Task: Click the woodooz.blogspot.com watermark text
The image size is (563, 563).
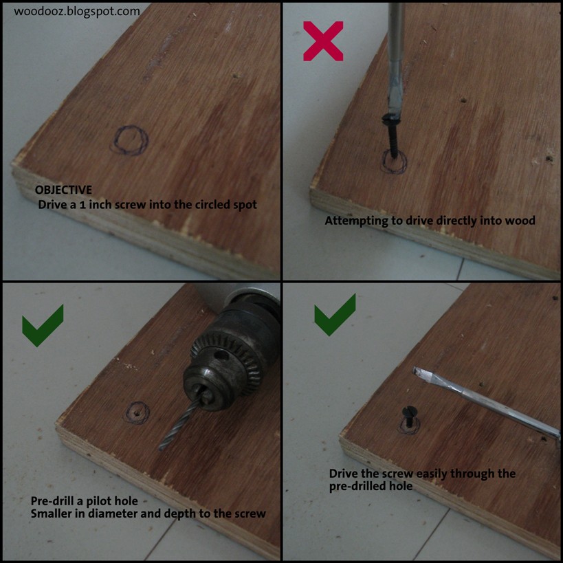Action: [77, 12]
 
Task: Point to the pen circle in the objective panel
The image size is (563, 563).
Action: [131, 140]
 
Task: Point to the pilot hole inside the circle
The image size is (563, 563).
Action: [140, 413]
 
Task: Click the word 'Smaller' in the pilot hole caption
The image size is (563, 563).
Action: [52, 514]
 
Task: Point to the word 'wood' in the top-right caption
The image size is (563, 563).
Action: [520, 221]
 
